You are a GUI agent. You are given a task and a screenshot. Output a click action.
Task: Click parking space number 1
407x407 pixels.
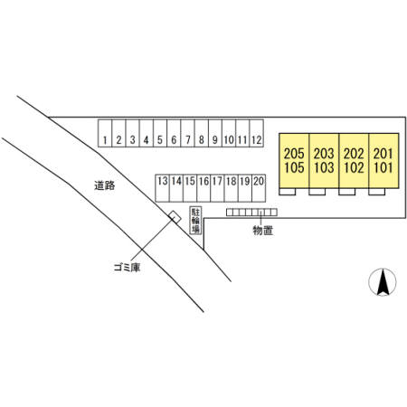105,133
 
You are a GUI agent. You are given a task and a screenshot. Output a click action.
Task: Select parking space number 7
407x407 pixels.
187,133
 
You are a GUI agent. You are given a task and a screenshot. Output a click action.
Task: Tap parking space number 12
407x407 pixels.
257,133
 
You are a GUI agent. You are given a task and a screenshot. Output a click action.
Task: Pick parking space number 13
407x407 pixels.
163,188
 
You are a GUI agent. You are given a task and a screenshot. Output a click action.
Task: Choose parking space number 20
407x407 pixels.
259,188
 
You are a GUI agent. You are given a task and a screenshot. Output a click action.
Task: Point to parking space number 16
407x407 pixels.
203,188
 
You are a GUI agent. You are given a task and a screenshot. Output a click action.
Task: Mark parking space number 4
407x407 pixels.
147,133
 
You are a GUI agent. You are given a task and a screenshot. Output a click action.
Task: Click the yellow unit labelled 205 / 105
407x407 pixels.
294,161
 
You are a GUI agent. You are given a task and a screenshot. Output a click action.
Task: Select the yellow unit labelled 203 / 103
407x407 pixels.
324,161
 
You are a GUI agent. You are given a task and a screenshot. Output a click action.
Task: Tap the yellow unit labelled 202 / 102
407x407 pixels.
354,161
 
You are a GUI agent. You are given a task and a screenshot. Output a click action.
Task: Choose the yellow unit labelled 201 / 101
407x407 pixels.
383,161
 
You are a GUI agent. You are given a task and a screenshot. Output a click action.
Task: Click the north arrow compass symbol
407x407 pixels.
383,282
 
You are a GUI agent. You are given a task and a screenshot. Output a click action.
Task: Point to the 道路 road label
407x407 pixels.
105,185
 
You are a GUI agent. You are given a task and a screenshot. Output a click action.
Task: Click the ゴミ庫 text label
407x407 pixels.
127,267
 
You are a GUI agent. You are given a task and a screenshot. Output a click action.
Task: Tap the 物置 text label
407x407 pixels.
263,231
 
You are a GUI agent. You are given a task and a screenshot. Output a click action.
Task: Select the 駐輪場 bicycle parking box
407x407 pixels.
195,220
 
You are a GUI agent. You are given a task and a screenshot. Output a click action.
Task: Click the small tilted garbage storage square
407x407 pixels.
175,217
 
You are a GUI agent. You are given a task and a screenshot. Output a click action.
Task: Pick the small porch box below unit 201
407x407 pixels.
376,192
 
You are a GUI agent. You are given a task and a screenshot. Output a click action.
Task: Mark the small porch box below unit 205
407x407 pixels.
288,192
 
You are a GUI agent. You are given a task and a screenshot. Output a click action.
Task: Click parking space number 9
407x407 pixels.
215,133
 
